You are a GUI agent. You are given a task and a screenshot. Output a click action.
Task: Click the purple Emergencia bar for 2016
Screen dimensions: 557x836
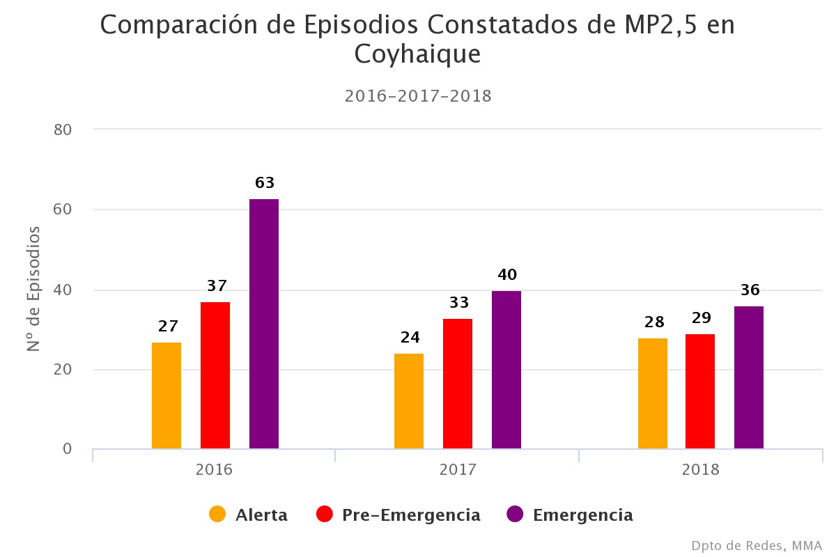click(x=264, y=324)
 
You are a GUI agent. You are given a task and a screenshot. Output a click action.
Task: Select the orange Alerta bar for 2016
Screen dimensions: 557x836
click(x=167, y=395)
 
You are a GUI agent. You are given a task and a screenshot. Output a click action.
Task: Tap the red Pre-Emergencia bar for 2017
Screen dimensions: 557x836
click(x=458, y=384)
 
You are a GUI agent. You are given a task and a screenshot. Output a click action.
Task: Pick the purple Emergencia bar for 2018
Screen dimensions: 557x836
click(x=749, y=377)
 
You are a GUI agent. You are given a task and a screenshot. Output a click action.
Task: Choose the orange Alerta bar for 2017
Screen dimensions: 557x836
click(x=409, y=401)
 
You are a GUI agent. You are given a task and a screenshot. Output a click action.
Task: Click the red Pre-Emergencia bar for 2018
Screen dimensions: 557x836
click(x=700, y=391)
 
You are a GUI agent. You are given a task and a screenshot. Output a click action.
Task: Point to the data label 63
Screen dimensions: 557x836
click(x=265, y=183)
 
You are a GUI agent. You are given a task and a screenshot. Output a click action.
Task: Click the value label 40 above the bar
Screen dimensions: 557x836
click(x=507, y=275)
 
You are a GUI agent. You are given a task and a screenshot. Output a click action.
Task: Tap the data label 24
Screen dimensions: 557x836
click(x=410, y=338)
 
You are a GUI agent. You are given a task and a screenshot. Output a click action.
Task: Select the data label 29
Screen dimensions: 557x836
click(x=701, y=318)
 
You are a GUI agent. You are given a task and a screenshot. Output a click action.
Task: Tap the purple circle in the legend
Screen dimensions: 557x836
click(x=515, y=515)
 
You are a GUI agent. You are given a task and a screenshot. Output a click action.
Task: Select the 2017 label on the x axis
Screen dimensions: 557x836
click(x=458, y=469)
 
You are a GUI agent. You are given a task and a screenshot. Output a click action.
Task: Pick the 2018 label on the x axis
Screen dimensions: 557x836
click(x=700, y=469)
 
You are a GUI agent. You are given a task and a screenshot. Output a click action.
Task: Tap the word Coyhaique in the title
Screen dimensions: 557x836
click(x=417, y=54)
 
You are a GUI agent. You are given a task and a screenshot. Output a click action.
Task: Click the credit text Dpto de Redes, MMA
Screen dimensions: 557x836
click(x=757, y=545)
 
